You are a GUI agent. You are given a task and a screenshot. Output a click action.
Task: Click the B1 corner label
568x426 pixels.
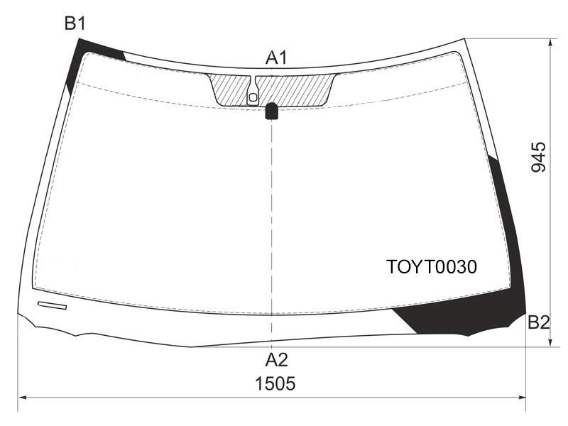75,23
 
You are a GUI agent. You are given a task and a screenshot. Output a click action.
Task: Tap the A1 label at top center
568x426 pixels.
276,58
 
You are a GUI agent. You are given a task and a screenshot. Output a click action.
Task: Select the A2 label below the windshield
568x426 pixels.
276,360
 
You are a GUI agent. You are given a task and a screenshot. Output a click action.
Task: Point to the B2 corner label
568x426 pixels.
539,322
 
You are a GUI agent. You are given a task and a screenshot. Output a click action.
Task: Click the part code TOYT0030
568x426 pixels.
432,267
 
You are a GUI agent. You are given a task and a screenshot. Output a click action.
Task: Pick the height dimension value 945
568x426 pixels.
538,157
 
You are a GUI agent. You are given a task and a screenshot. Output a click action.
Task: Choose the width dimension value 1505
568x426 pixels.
275,383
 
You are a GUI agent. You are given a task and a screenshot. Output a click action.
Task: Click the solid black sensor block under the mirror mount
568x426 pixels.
272,111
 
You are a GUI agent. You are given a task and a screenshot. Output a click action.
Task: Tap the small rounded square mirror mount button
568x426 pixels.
253,97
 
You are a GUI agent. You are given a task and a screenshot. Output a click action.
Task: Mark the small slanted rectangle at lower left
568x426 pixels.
52,305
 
